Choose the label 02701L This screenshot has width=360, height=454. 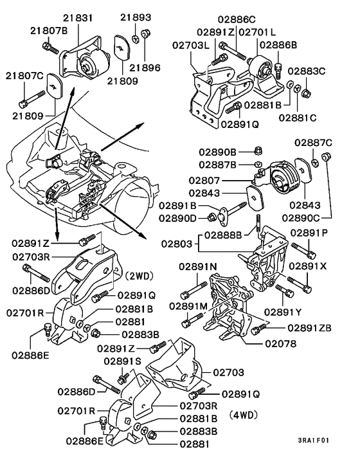tap(258, 32)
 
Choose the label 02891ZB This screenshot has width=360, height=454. tap(309, 327)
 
